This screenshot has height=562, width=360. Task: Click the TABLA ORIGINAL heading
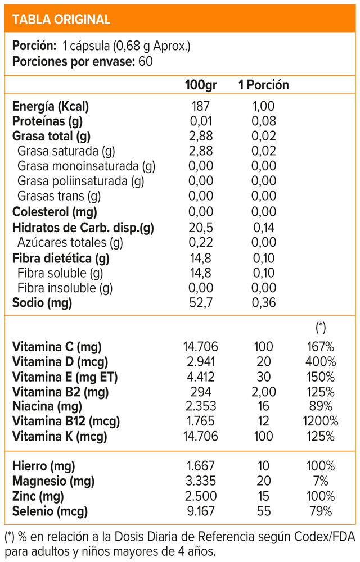click(61, 19)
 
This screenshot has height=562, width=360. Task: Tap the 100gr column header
click(201, 85)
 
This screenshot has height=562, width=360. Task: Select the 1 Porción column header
click(264, 85)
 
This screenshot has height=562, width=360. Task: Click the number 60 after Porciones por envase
click(146, 61)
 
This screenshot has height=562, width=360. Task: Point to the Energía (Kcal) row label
click(51, 106)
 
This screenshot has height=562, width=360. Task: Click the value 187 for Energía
click(201, 106)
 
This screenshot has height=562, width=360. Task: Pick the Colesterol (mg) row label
click(55, 212)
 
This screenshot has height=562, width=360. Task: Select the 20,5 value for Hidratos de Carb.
click(201, 227)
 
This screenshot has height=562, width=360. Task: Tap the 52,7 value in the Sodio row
click(201, 302)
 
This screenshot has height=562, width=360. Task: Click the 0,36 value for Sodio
click(264, 302)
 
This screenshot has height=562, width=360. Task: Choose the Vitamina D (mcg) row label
click(60, 362)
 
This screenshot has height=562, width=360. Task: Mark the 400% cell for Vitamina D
click(321, 361)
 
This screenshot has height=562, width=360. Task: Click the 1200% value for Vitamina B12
click(321, 421)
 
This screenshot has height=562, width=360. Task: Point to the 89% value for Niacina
click(321, 406)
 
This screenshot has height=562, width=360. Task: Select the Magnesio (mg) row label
click(53, 482)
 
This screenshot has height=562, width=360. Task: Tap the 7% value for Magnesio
click(321, 481)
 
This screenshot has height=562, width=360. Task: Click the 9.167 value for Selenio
click(201, 511)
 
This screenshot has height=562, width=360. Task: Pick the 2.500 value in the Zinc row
click(201, 496)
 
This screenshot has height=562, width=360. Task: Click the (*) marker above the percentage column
click(321, 327)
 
